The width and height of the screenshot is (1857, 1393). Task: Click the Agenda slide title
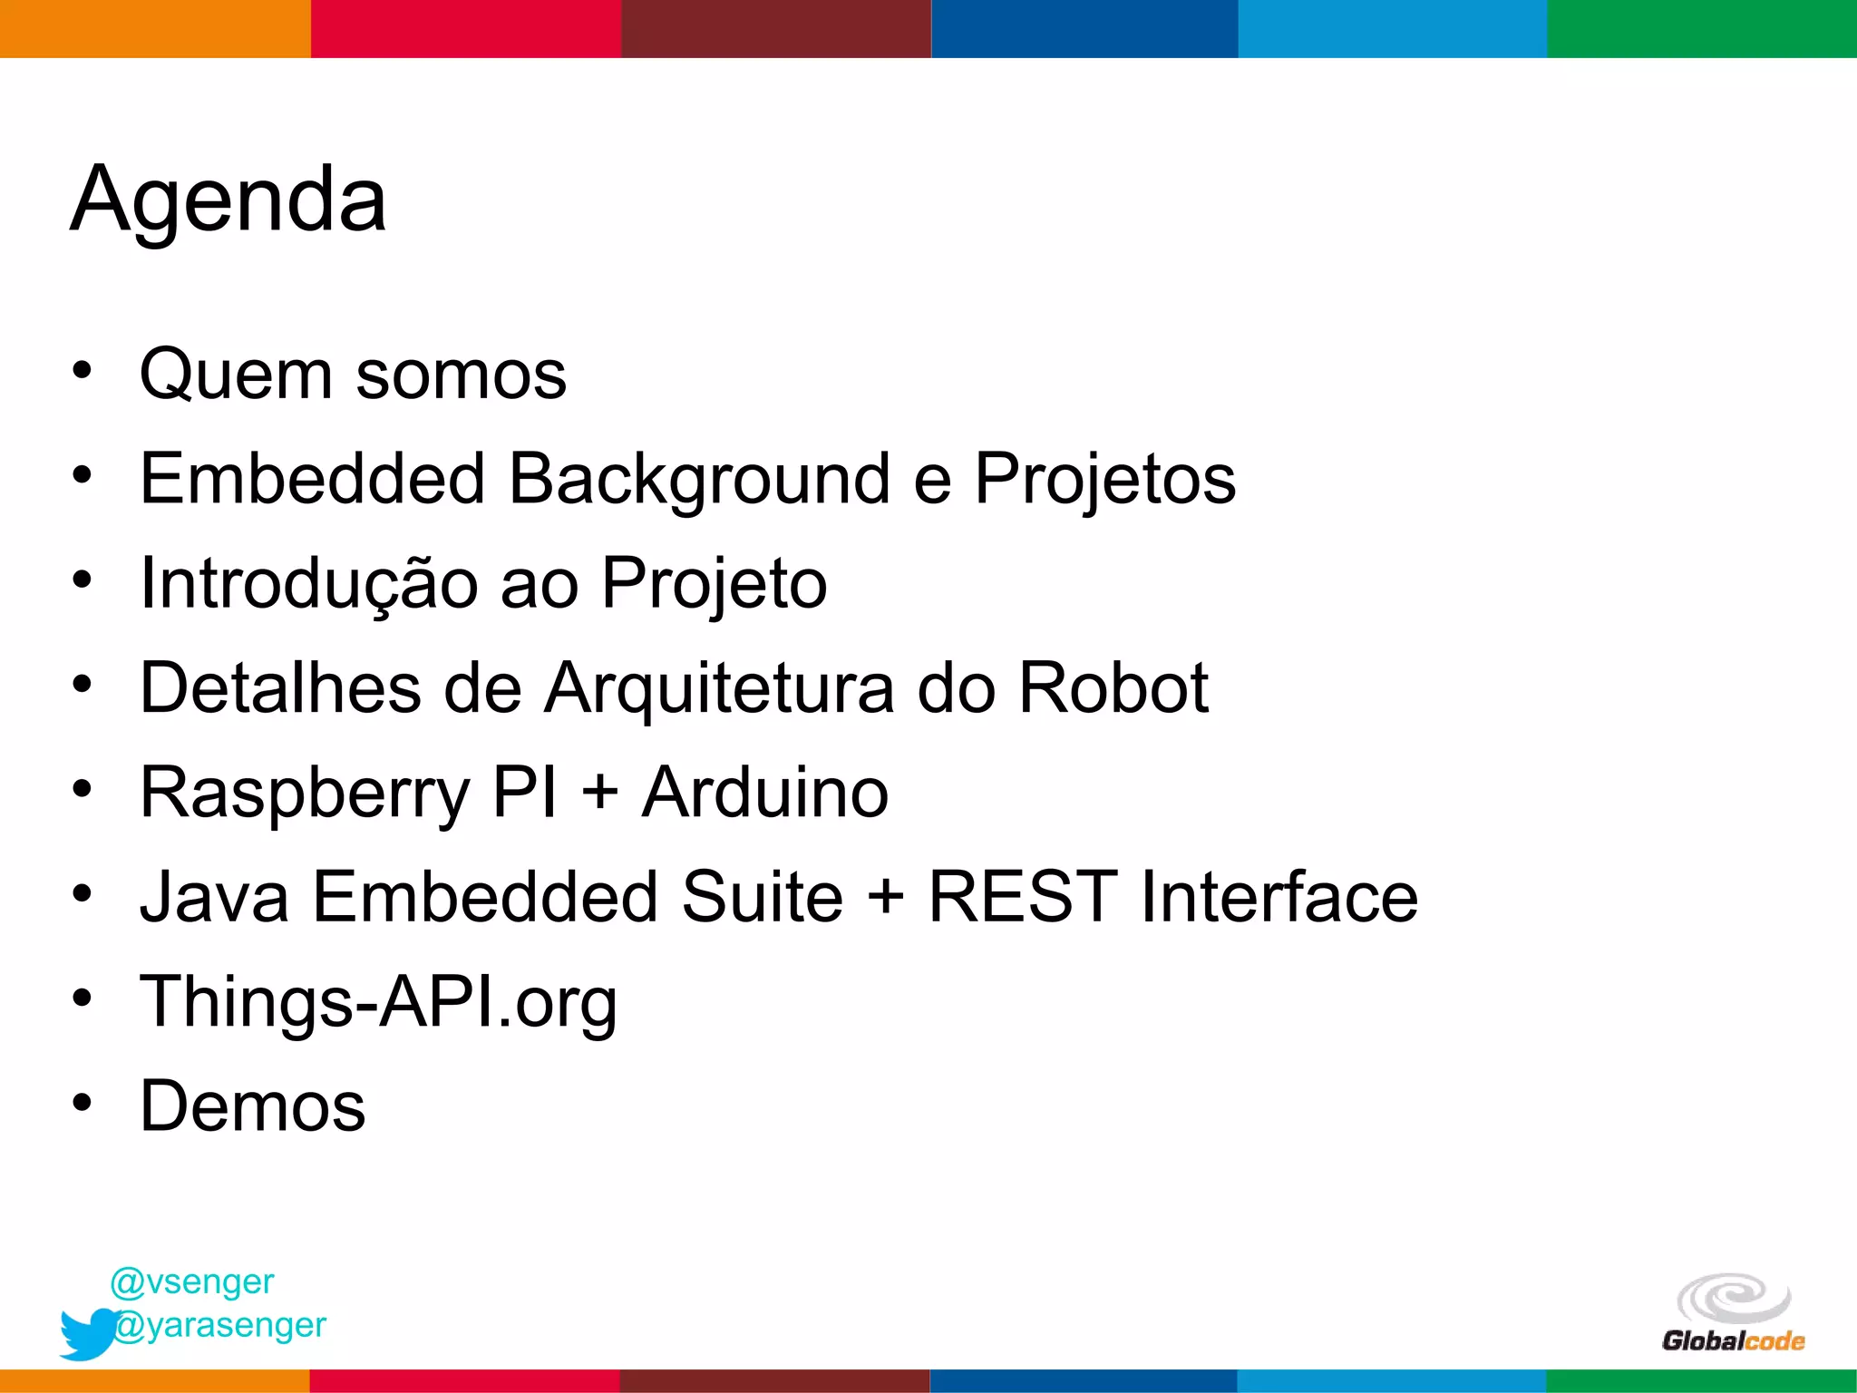tap(228, 200)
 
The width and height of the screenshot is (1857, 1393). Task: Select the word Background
tap(699, 479)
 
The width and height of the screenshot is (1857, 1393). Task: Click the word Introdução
tap(309, 583)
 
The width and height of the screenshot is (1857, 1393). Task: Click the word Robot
tap(1113, 687)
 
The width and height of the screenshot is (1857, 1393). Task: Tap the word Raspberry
tap(305, 793)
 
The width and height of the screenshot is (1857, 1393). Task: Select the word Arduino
tap(764, 793)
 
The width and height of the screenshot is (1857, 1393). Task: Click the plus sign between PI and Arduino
tap(599, 793)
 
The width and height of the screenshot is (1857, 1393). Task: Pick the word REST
tap(1023, 897)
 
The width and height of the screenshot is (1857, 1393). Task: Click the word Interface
tap(1279, 897)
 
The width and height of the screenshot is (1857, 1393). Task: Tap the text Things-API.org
tap(378, 1002)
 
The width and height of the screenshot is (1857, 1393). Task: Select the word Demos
tap(252, 1106)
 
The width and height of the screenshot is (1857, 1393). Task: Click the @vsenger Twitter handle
tap(191, 1281)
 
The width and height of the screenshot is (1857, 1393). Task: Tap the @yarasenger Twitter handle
tap(220, 1325)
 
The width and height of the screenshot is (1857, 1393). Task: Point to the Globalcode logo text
tap(1733, 1341)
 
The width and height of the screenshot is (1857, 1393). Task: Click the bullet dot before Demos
tap(83, 1103)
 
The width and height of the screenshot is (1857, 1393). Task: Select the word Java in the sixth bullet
tap(214, 897)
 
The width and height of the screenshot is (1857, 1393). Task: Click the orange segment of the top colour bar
tap(155, 28)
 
